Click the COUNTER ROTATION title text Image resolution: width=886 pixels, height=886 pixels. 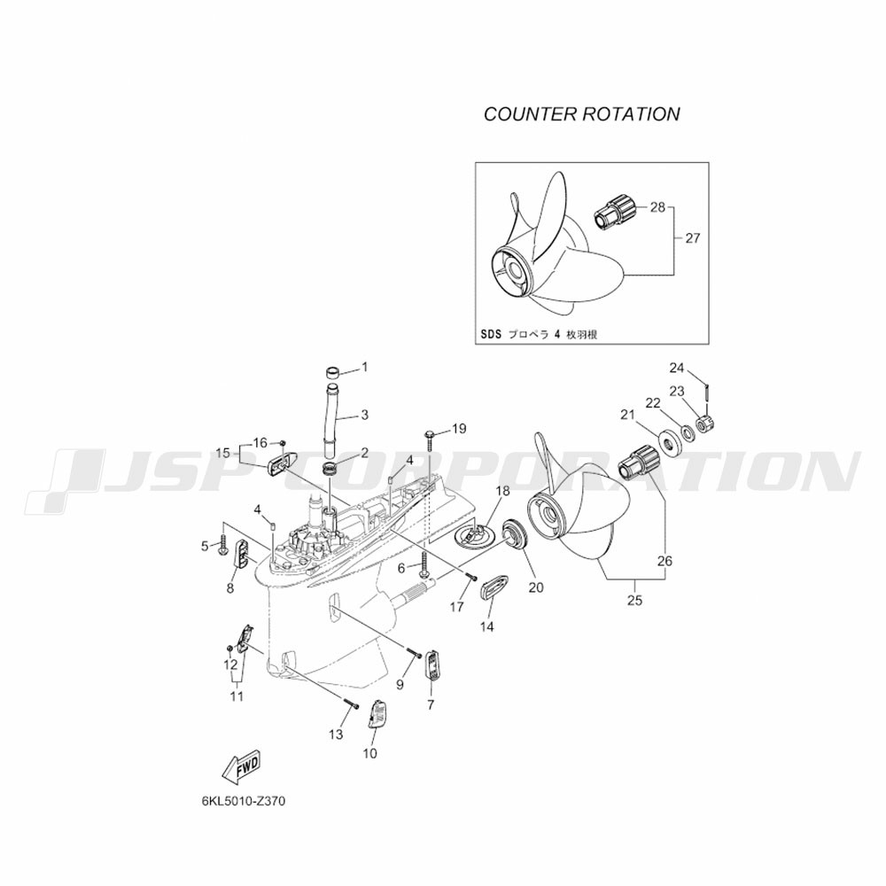tap(582, 114)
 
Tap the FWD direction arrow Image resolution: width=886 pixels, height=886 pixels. tap(242, 767)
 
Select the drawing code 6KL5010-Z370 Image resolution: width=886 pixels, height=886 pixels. tap(243, 801)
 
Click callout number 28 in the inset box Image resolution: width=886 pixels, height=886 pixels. tap(657, 207)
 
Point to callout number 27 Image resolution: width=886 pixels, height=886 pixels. tap(693, 238)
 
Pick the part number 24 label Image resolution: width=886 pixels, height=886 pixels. tap(676, 369)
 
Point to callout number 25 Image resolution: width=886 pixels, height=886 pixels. tap(635, 600)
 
